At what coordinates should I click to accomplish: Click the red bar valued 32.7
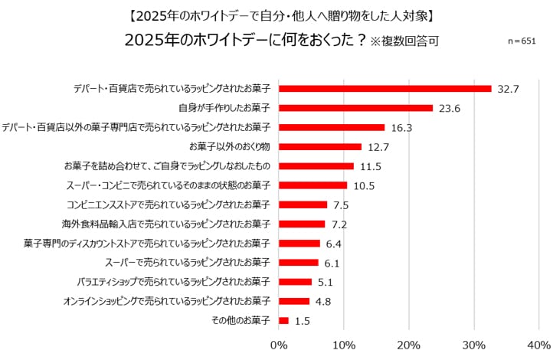point(385,89)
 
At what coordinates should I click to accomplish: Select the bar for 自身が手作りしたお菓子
point(356,108)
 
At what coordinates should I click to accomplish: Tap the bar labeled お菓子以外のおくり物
point(320,146)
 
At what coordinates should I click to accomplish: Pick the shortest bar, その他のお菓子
point(284,321)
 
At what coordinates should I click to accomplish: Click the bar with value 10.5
point(313,185)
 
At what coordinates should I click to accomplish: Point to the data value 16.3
point(402,128)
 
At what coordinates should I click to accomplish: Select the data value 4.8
point(322,302)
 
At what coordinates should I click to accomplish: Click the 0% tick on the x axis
point(280,345)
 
